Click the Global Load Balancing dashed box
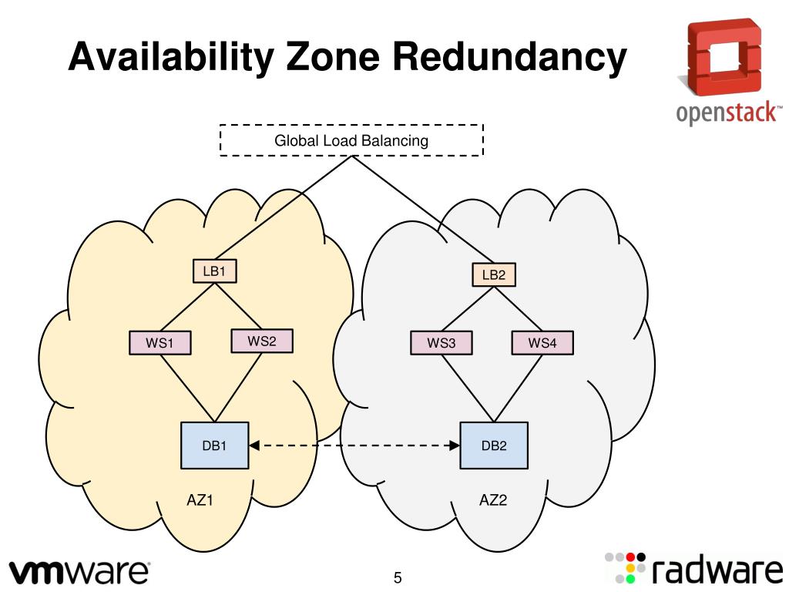351,140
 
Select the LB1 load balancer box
213,271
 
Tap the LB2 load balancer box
493,274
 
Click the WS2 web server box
261,340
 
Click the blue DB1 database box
214,446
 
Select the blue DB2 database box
494,446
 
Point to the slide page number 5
398,577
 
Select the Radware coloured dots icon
623,567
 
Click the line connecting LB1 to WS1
185,308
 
